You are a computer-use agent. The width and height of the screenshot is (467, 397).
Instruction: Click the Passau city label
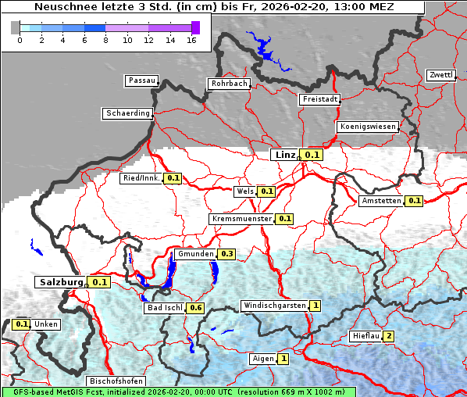coord(141,80)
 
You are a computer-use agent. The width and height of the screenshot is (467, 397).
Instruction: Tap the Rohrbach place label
coord(228,84)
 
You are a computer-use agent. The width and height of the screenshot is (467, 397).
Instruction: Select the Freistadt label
coord(319,99)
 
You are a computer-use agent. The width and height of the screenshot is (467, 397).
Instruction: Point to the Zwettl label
coord(440,75)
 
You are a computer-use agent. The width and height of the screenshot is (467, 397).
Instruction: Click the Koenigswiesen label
coord(368,127)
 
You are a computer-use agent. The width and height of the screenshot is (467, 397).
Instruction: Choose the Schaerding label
coord(127,113)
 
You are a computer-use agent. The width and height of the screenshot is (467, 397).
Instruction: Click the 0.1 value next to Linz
coord(312,155)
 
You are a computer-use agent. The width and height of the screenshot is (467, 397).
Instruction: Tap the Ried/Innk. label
coord(141,178)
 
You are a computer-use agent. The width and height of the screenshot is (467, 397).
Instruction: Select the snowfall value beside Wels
coord(266,191)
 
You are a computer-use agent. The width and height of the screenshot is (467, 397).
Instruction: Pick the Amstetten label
coord(380,201)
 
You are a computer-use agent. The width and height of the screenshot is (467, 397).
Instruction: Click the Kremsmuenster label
coord(241,219)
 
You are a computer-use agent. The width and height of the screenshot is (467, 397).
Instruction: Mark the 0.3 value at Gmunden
coord(227,254)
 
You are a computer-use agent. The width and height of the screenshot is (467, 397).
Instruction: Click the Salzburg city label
coord(59,281)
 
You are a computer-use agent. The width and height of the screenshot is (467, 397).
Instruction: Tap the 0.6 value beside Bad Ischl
coord(196,308)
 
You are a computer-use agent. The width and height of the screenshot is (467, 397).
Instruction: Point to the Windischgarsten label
coord(274,306)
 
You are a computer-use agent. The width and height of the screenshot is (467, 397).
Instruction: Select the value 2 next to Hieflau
coord(388,336)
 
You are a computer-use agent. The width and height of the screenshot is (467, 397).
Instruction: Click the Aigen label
coord(263,359)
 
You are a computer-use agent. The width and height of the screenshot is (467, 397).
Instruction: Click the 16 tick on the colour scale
coord(191,40)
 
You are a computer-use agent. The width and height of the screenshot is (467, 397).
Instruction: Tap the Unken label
coord(46,324)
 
